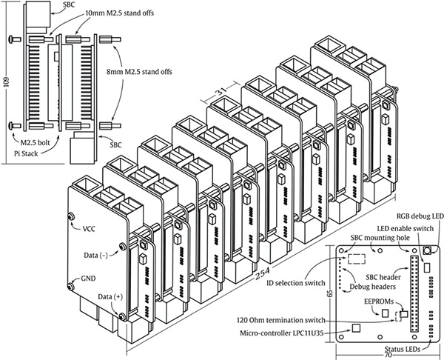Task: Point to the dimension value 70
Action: click(x=388, y=354)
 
